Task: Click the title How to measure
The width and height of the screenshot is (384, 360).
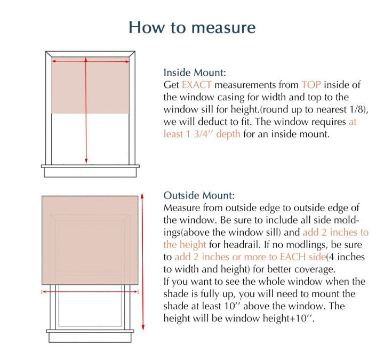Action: tap(192, 27)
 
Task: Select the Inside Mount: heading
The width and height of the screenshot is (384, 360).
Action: tap(195, 72)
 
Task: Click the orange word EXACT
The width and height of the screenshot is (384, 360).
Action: tap(197, 85)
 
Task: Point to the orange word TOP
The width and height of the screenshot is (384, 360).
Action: tap(311, 85)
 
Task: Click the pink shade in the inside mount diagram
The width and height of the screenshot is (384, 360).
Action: tap(90, 85)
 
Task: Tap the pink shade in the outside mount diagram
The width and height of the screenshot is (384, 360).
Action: tap(90, 240)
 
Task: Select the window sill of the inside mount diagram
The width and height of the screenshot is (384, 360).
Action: tap(90, 170)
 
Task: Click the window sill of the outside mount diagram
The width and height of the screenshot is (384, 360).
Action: tap(90, 337)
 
